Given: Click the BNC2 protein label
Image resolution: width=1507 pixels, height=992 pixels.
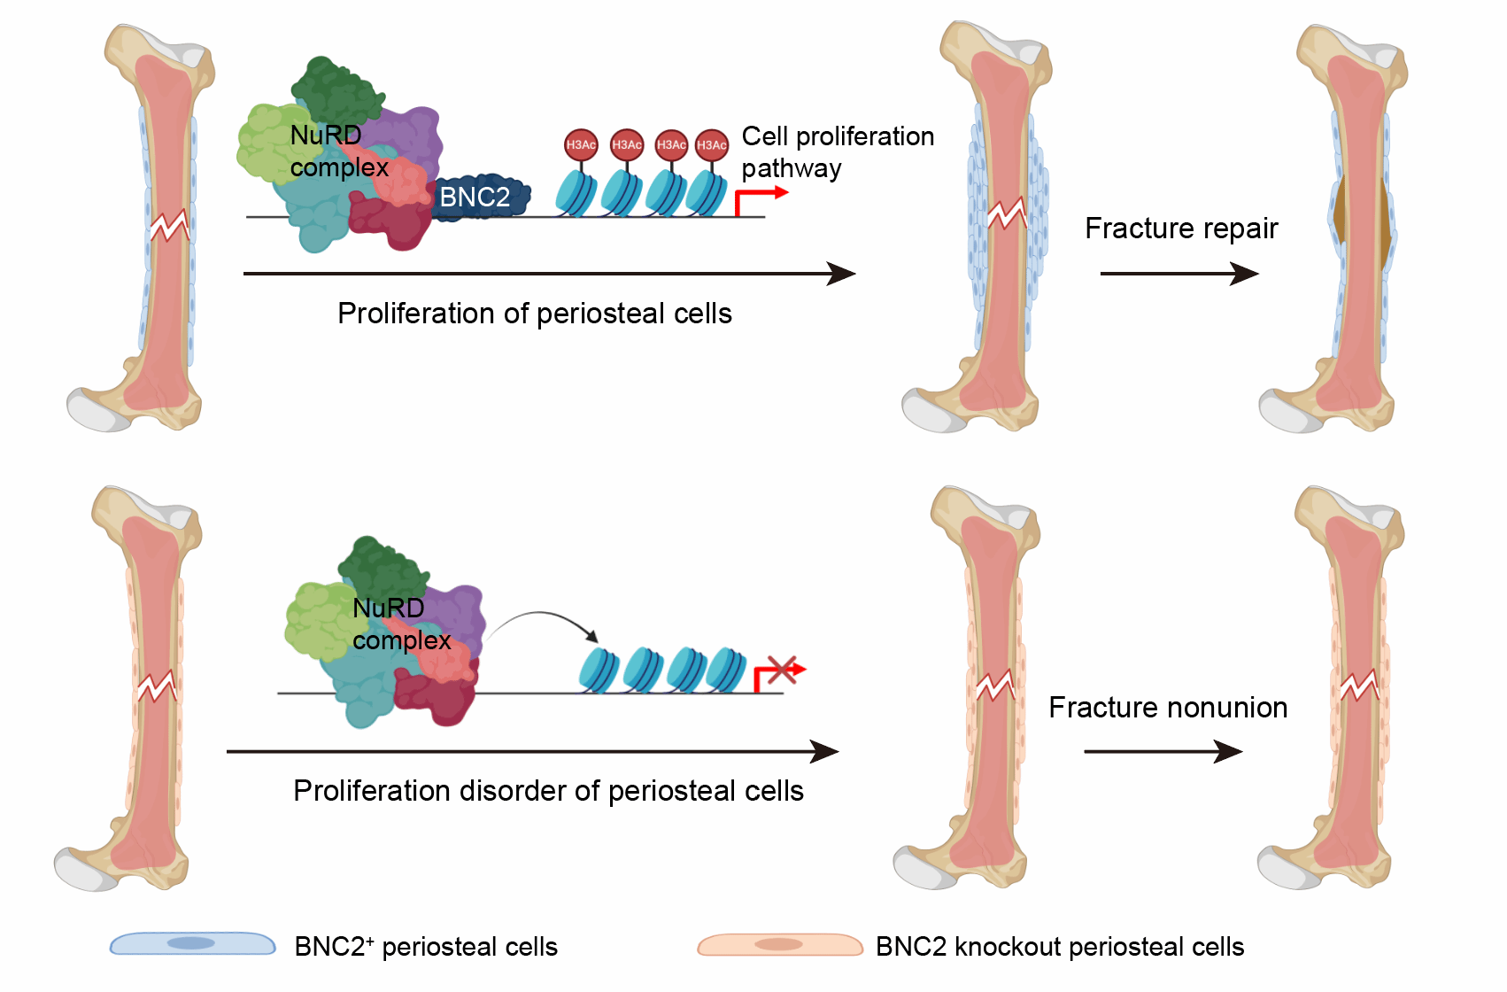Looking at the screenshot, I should coord(475,197).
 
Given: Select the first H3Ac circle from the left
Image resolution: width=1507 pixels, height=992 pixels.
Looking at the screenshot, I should coord(581,144).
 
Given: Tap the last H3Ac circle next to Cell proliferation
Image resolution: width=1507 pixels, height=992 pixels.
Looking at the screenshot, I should coord(712,144).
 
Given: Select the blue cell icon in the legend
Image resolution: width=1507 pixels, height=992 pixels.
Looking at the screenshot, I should coord(192,943).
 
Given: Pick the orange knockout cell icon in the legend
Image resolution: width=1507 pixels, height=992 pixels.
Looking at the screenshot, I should coord(779,945).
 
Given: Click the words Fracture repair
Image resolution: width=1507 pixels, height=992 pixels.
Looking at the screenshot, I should coord(1181,229).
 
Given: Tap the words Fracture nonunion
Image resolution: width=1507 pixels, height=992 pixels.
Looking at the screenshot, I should coord(1168,708).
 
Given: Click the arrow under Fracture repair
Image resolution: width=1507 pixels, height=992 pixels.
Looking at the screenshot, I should coord(1179,274).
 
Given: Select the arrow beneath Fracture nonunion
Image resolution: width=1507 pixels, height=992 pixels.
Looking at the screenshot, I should coord(1163,752).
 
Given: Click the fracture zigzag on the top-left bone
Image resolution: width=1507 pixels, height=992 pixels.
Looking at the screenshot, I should coord(169,225).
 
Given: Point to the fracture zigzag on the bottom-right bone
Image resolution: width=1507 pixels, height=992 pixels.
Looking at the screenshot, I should coord(1359,686).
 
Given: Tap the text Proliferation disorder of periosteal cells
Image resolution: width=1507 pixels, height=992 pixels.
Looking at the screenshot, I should coord(548,791).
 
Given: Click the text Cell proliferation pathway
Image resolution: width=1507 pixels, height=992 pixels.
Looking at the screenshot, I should coord(837,151).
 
